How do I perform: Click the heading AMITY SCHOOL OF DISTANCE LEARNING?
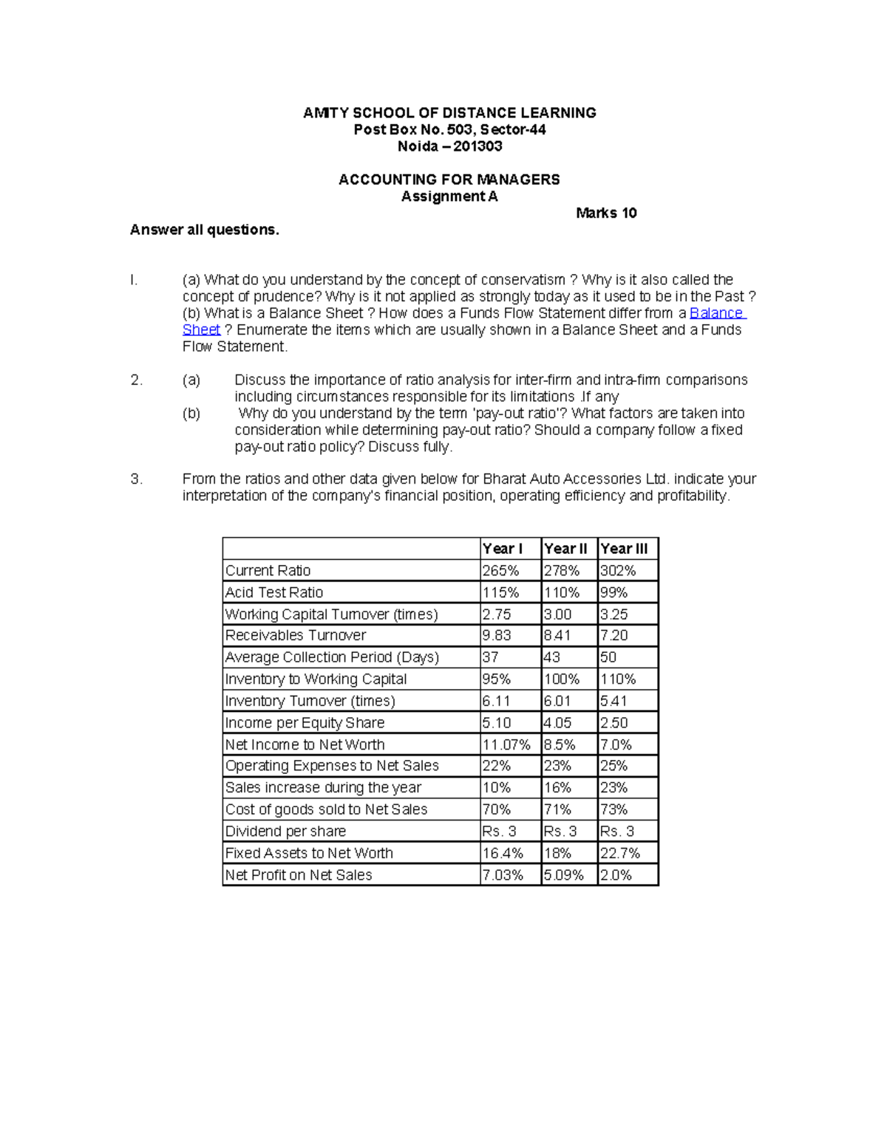click(449, 113)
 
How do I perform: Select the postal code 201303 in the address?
click(478, 146)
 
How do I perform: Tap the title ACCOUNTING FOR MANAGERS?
click(449, 179)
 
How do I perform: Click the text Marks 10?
click(606, 213)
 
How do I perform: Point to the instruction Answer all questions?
click(205, 230)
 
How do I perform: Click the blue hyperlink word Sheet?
click(201, 330)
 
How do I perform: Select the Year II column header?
click(565, 549)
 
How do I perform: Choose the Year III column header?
click(624, 549)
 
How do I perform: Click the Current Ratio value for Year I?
click(500, 571)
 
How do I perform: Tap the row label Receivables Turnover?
click(296, 636)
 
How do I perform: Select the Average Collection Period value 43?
click(551, 657)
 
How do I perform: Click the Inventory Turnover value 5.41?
click(614, 701)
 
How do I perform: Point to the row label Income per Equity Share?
click(305, 723)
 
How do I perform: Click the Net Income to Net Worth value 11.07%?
click(506, 745)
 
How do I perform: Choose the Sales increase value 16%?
click(557, 788)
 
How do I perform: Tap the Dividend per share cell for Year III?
click(617, 832)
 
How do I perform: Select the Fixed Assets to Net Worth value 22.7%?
click(620, 854)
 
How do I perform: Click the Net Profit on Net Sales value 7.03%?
click(503, 875)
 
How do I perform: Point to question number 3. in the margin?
click(136, 479)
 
